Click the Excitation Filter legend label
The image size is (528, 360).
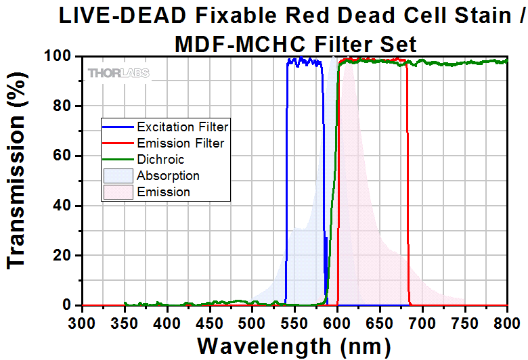click(x=182, y=127)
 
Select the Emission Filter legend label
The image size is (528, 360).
click(x=180, y=143)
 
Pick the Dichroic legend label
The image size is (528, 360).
click(x=160, y=160)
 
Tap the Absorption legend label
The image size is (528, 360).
click(x=168, y=176)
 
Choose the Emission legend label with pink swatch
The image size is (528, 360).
click(x=163, y=192)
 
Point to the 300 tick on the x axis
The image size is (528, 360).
click(x=82, y=321)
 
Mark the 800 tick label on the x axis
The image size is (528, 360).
click(x=508, y=321)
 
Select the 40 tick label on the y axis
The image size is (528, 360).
click(x=64, y=206)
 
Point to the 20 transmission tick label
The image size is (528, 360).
click(x=64, y=256)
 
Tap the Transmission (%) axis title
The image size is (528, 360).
click(x=18, y=181)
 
